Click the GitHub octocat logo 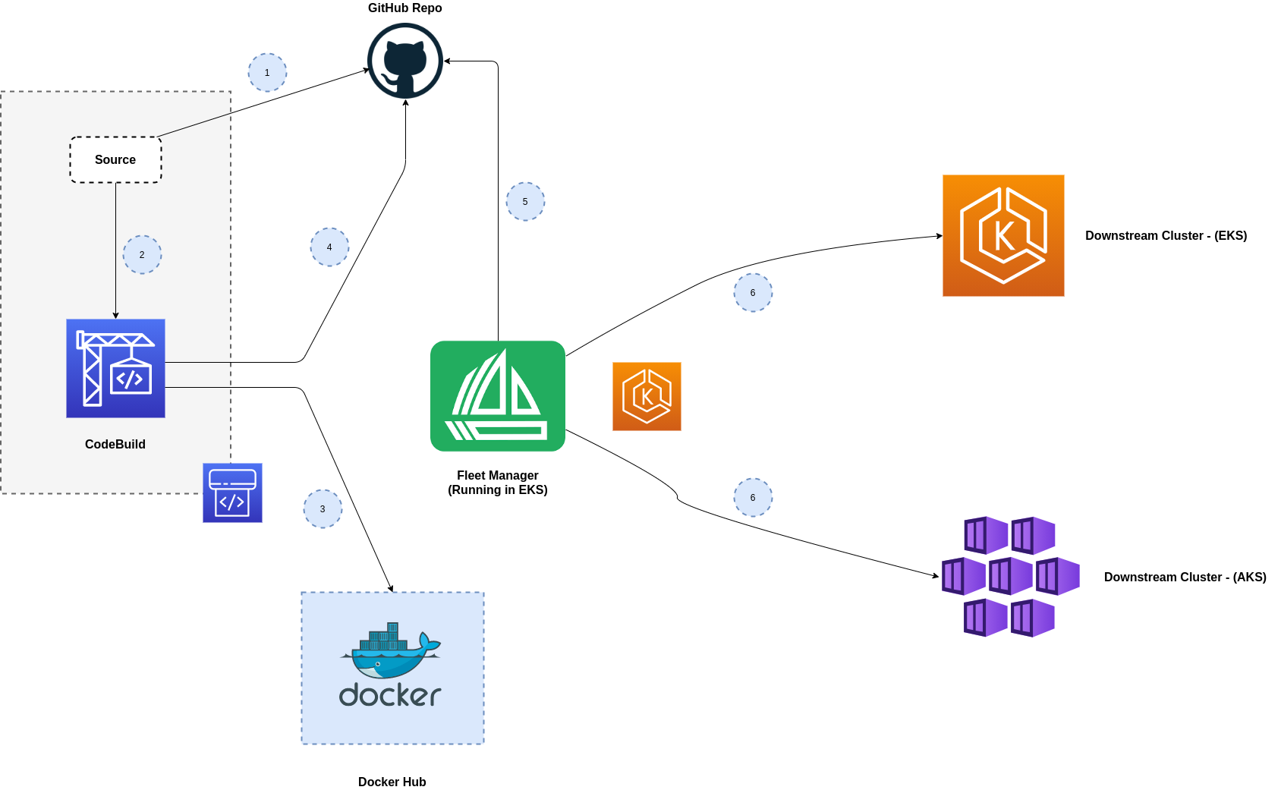pos(405,61)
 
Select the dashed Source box pos(115,159)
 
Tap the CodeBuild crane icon pos(115,368)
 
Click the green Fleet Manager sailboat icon pos(498,396)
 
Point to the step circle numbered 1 pos(267,73)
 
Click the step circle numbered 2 pos(142,254)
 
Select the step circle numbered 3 pos(323,508)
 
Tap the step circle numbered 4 pos(329,247)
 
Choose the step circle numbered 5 pos(525,201)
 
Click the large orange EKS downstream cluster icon pos(1003,236)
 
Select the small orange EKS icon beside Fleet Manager pos(647,396)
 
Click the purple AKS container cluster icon pos(1011,577)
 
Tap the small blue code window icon pos(232,493)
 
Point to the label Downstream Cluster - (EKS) pos(1166,236)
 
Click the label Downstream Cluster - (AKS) pos(1185,577)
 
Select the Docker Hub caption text pos(392,782)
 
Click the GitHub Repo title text pos(405,8)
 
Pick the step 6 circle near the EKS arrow pos(753,292)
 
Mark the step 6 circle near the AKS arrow pos(753,497)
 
